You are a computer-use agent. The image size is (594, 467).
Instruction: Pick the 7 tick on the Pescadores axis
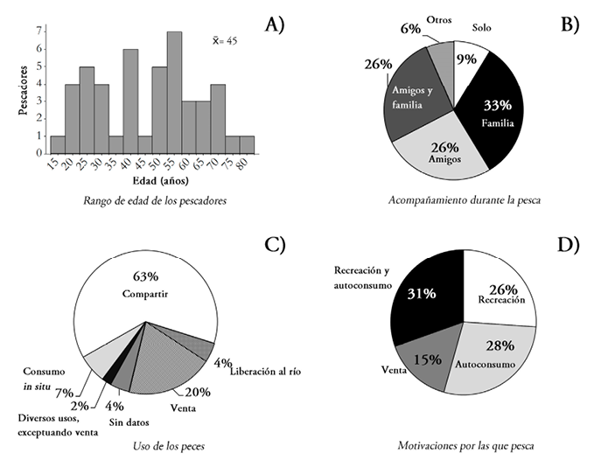(38, 31)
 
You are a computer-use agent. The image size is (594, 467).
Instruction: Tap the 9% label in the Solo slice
(466, 60)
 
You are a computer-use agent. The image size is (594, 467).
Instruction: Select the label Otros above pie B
(439, 19)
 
